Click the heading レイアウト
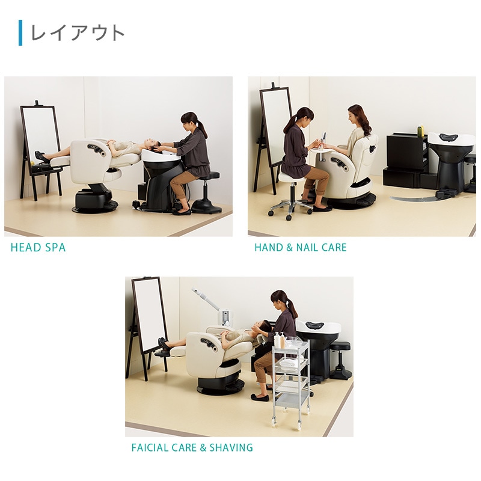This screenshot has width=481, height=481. point(78,32)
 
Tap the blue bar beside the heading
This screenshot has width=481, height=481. point(20,32)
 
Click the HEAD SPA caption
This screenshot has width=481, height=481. point(38,248)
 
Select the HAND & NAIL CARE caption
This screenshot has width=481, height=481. point(300,248)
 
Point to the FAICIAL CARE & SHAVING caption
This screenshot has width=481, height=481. point(192,448)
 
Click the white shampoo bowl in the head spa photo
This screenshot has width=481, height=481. point(161,157)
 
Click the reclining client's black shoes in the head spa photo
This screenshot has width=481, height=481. point(41,158)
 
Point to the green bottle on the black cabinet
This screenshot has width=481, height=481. point(420,130)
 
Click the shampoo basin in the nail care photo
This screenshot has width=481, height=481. point(450,144)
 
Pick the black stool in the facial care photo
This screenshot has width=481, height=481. point(341,359)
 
